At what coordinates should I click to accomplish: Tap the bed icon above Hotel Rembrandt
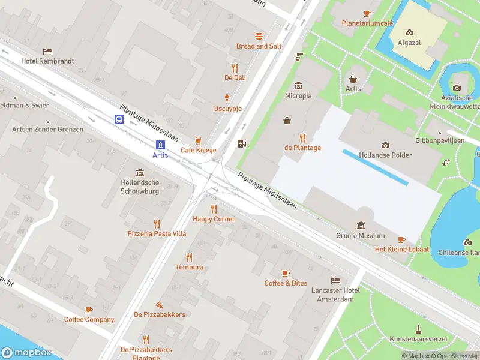pyautogui.click(x=47, y=51)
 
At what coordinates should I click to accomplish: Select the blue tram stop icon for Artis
pyautogui.click(x=160, y=145)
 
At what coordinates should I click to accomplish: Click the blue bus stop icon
pyautogui.click(x=119, y=119)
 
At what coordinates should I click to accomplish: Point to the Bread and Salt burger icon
pyautogui.click(x=259, y=36)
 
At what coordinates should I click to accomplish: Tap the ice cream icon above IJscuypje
pyautogui.click(x=227, y=98)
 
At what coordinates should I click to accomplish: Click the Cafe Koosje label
pyautogui.click(x=198, y=150)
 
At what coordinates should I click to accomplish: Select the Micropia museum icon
pyautogui.click(x=298, y=85)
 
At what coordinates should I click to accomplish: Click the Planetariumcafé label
pyautogui.click(x=367, y=23)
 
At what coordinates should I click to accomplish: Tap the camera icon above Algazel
pyautogui.click(x=409, y=32)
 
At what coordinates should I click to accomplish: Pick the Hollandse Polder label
pyautogui.click(x=385, y=155)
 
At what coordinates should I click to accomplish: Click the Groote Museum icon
pyautogui.click(x=360, y=226)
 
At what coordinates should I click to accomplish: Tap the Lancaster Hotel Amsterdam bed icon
pyautogui.click(x=335, y=280)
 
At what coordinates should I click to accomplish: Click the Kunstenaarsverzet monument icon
pyautogui.click(x=418, y=329)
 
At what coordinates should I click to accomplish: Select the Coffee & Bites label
pyautogui.click(x=286, y=283)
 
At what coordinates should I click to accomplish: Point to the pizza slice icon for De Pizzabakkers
pyautogui.click(x=159, y=305)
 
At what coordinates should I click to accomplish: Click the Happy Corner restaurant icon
pyautogui.click(x=214, y=209)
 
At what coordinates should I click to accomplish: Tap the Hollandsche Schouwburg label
pyautogui.click(x=140, y=187)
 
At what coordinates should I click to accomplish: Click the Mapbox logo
pyautogui.click(x=26, y=353)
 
